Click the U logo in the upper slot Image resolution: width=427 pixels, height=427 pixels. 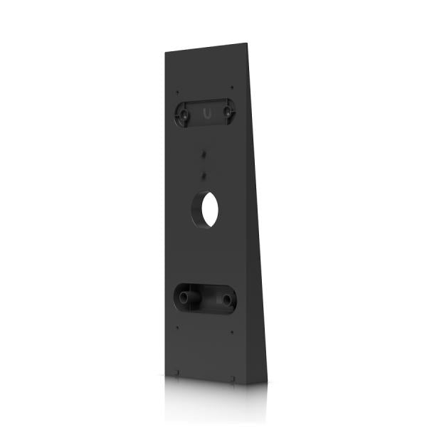(206, 112)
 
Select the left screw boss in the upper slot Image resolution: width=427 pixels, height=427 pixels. (184, 112)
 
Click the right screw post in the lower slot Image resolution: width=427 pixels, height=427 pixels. (227, 300)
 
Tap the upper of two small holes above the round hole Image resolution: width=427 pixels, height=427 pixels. (204, 153)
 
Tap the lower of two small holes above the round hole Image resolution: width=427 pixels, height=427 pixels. (204, 173)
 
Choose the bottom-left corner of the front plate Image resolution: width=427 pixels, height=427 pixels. (166, 376)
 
